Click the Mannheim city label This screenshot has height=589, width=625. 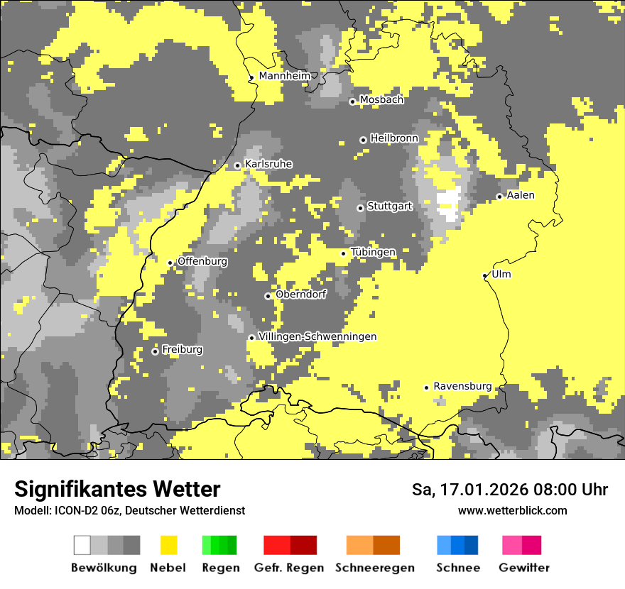[x=285, y=76]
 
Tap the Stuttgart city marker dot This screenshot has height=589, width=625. [x=360, y=208]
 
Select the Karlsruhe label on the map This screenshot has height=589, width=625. [x=268, y=164]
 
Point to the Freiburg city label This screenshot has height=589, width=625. [x=182, y=350]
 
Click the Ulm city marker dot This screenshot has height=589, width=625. [x=485, y=276]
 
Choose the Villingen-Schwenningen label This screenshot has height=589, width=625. [x=317, y=336]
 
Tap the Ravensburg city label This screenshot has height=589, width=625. [x=462, y=386]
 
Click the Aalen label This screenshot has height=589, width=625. [x=521, y=195]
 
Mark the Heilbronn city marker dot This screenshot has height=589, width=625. [x=363, y=140]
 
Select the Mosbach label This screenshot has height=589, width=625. [x=381, y=100]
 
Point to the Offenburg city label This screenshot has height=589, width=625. [x=202, y=261]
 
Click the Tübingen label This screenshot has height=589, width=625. [x=373, y=253]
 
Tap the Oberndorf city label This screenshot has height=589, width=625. [x=300, y=294]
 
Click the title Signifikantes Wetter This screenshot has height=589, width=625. [x=117, y=490]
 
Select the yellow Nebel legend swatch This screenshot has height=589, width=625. [x=168, y=545]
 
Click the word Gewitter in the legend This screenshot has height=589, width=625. [x=524, y=568]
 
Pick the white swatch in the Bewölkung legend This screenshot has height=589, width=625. [x=82, y=545]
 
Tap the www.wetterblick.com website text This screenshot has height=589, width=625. [x=512, y=510]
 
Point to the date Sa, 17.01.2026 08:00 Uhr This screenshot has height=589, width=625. [x=509, y=490]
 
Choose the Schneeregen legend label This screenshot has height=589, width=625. [x=374, y=568]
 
